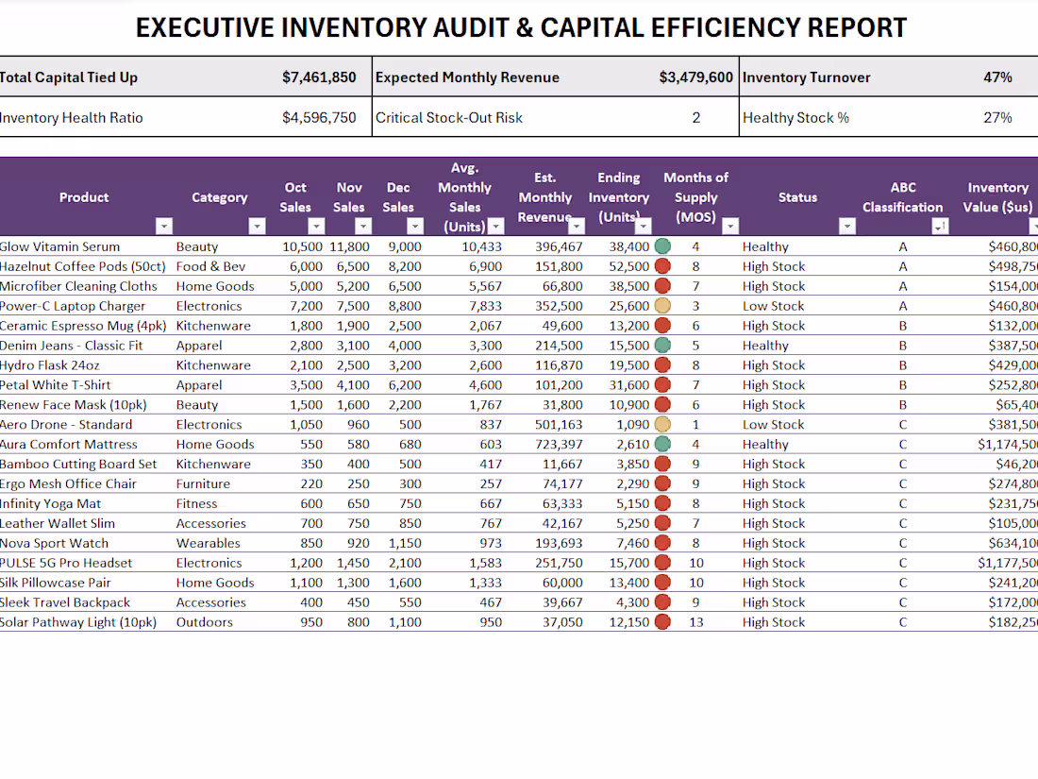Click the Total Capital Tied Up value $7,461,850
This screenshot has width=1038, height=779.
(319, 77)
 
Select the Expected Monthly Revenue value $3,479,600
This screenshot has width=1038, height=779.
(695, 77)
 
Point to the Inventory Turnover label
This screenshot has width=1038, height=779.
(806, 77)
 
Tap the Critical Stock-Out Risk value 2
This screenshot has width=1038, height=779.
(696, 118)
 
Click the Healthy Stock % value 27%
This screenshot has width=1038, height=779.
(997, 118)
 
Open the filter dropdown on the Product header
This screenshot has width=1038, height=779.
(164, 227)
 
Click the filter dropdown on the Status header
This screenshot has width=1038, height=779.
(846, 227)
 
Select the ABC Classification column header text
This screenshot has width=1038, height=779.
(902, 197)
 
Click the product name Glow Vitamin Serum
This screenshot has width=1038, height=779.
(60, 246)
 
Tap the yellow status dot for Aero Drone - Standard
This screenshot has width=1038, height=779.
(662, 425)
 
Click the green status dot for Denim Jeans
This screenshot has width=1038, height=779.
(662, 346)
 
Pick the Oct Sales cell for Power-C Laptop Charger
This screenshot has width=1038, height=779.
(302, 306)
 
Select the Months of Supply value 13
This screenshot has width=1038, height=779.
(695, 622)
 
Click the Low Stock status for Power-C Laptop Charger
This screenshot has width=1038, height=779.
(773, 306)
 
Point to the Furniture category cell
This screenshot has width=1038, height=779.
(203, 483)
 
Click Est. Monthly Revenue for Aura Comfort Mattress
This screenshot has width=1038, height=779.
(556, 444)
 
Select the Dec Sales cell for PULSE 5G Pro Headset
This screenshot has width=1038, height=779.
(403, 563)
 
